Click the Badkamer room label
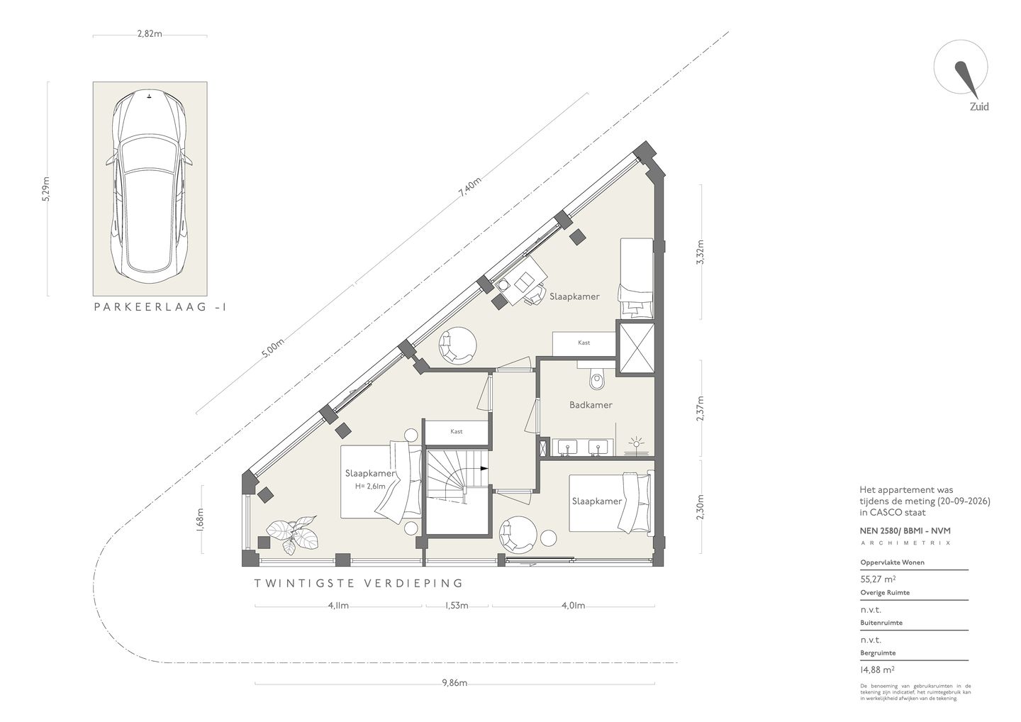591,405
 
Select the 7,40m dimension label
470,187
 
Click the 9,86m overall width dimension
454,683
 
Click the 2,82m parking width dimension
150,34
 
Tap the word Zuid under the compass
979,106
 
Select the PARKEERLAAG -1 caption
160,307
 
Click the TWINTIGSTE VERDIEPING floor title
358,583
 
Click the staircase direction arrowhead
484,468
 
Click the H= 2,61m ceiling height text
371,487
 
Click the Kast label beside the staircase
457,431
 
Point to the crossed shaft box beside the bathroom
635,348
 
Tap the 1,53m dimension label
457,606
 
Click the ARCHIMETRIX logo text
905,543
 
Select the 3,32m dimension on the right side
701,252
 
